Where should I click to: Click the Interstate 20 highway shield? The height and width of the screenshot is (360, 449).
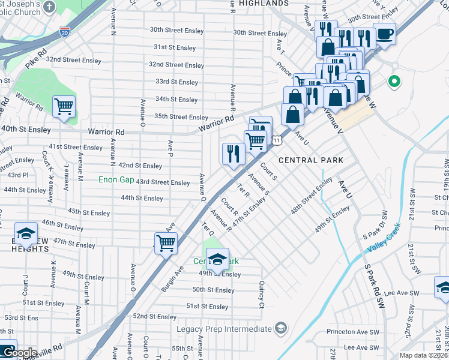64,31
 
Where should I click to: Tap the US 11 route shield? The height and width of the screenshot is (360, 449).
277,140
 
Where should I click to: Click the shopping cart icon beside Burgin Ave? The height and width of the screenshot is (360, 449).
166,244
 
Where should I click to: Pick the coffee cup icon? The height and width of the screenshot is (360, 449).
384,34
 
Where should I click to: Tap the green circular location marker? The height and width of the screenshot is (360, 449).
394,81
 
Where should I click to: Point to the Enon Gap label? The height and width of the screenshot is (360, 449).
116,179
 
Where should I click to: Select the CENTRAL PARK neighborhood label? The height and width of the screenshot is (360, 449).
311,160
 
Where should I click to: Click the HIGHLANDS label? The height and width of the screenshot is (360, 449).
264,4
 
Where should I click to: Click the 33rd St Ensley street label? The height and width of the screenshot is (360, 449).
176,82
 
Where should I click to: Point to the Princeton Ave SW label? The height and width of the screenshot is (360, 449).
354,331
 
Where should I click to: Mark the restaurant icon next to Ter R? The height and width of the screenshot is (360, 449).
234,154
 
